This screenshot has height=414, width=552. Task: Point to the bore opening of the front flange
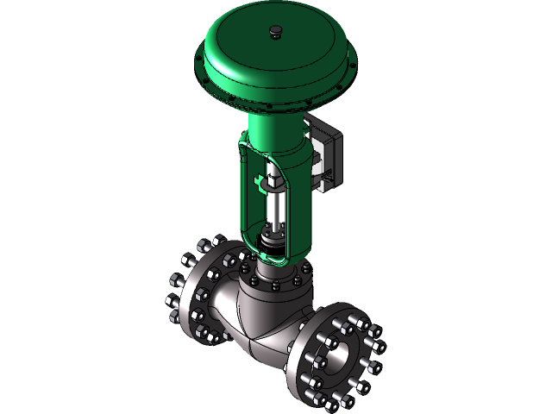tap(340, 349)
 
